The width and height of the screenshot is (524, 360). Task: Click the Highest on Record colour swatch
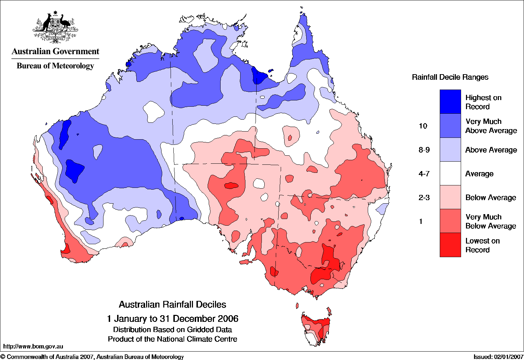pos(450,101)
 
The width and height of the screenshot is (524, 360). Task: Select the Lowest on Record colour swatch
pos(450,245)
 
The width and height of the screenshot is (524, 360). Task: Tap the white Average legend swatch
pos(450,174)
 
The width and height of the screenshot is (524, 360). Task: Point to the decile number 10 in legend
pos(423,126)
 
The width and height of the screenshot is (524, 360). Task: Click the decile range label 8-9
pos(424,150)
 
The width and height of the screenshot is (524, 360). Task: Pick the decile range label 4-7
pos(424,174)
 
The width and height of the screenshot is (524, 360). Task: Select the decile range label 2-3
pos(424,198)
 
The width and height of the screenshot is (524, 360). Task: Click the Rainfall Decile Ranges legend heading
pos(450,77)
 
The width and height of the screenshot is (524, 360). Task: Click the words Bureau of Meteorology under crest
pos(55,66)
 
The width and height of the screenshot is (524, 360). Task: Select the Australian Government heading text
pos(55,51)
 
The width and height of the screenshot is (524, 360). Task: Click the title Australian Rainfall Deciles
pos(172,304)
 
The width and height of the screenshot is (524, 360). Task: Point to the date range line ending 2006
pos(172,319)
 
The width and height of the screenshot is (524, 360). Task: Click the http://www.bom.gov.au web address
pos(33,346)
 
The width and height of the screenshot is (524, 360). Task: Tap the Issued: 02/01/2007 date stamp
pos(498,357)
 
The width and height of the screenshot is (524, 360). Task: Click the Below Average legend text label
pos(490,198)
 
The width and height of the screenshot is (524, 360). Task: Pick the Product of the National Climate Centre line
pos(172,339)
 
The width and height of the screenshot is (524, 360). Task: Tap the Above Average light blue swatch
pos(450,150)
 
